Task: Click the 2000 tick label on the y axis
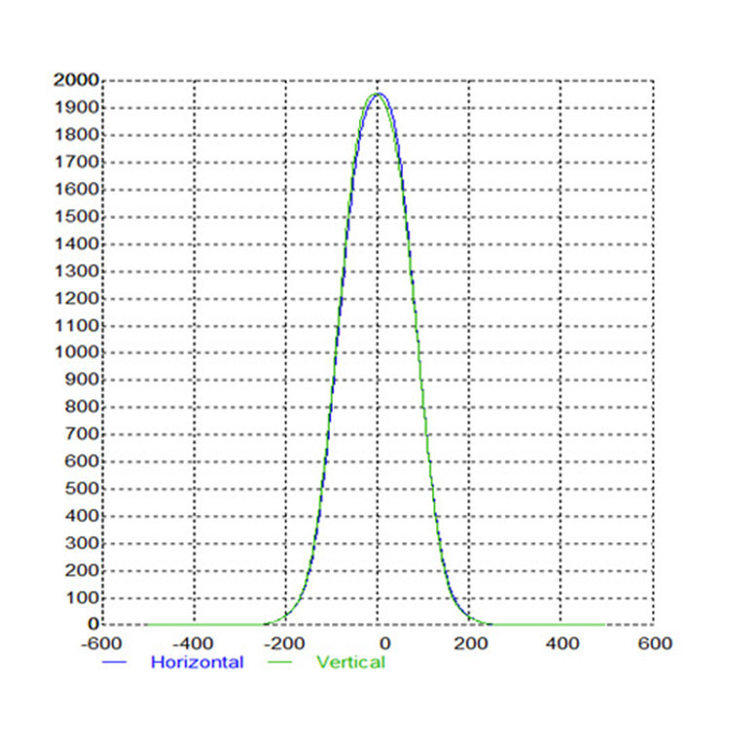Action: click(75, 80)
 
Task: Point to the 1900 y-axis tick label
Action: click(75, 107)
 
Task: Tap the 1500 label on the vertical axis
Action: click(75, 216)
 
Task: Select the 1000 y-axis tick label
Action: click(75, 352)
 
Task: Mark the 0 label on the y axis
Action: click(93, 624)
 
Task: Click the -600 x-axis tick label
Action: click(102, 643)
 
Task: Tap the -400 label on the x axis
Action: click(194, 643)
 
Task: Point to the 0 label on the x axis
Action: click(384, 643)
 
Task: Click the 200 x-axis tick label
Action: click(471, 643)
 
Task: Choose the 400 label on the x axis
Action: click(562, 643)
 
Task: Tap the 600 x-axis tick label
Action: click(654, 643)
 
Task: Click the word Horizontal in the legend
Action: click(197, 662)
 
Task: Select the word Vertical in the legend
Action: click(350, 662)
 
